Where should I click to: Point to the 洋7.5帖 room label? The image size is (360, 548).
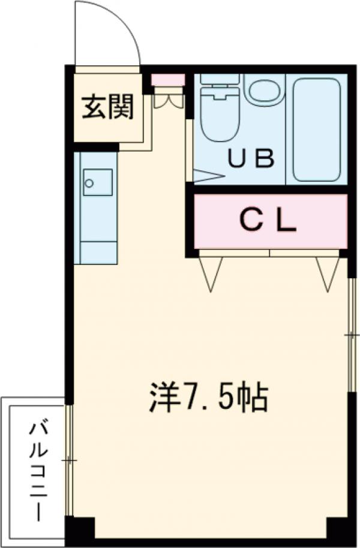(208, 398)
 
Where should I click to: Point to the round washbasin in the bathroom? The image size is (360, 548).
(263, 89)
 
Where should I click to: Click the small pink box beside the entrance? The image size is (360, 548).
(167, 80)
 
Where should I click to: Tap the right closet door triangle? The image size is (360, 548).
(328, 273)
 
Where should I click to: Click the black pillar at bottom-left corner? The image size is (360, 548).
(80, 530)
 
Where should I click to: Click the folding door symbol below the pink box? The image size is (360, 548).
(167, 99)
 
